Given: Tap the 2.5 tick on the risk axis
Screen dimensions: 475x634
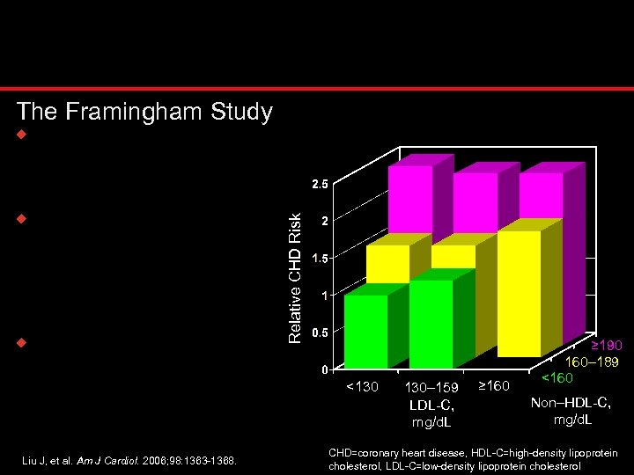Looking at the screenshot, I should click(x=320, y=185).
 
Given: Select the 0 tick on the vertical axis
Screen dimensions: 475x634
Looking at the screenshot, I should click(x=324, y=369).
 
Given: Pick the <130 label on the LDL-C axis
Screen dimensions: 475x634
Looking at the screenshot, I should click(x=362, y=386).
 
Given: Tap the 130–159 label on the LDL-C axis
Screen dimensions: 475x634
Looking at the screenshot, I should click(x=431, y=387).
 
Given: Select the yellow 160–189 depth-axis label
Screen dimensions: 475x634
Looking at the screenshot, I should click(x=591, y=362).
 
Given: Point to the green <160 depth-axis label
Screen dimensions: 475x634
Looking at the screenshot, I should click(x=556, y=378).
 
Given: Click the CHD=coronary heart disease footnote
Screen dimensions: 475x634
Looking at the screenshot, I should click(x=473, y=458).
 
